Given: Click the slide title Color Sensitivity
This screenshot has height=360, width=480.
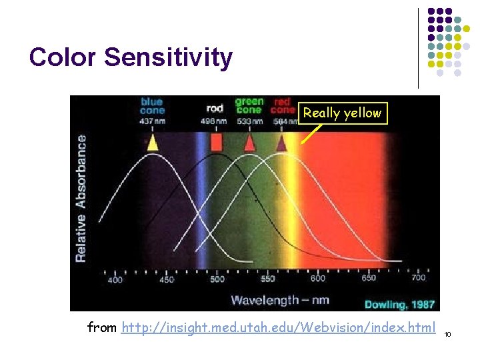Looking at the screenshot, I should tap(131, 57).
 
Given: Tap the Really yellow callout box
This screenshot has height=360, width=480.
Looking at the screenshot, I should tap(343, 113).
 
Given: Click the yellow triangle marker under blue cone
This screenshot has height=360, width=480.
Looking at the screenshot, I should tap(153, 142).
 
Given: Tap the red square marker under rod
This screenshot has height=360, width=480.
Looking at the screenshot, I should tap(216, 142).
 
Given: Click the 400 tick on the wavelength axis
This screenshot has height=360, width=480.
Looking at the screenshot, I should tap(115, 279).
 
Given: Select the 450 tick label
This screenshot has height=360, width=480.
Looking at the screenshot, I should tap(166, 279).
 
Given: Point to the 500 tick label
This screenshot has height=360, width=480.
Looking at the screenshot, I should tap(217, 279).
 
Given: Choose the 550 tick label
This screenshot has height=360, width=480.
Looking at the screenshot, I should tap(267, 279).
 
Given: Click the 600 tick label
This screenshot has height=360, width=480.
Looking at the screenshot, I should tap(318, 279).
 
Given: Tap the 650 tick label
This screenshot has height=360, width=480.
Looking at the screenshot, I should tap(369, 279).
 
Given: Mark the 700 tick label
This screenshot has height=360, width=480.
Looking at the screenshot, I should tap(419, 278).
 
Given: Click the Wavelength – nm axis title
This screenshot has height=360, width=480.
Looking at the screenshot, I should tap(280, 300).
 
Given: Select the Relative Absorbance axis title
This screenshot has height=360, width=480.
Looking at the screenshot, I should tap(81, 198).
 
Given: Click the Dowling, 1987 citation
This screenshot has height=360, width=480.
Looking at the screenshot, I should tap(400, 305).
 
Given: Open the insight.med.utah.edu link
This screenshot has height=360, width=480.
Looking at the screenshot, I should tap(278, 327).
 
